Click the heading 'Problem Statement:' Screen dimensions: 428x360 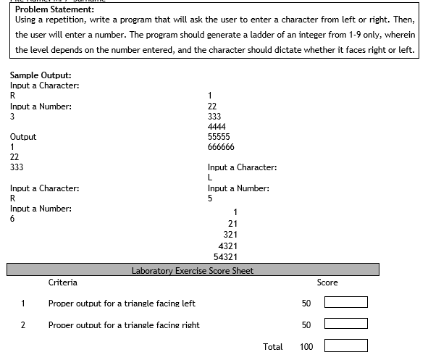coord(54,9)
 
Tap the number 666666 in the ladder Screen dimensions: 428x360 coord(221,146)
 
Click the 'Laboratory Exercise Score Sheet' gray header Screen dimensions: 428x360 coord(193,271)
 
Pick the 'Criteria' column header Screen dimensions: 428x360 coord(63,282)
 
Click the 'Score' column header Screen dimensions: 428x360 coord(327,282)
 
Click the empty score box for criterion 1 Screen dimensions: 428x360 coord(346,303)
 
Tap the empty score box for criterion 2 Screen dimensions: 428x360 coord(346,324)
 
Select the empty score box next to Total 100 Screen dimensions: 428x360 coord(346,346)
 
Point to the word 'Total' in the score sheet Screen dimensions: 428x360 coord(273,347)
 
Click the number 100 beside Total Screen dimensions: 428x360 coord(306,347)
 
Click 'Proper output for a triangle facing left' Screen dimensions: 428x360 coord(122,304)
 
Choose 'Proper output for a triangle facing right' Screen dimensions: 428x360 coord(124,325)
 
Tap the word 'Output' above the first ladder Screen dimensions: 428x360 coord(23,137)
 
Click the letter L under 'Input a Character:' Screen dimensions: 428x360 coord(210,178)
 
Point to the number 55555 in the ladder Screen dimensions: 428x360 coord(219,136)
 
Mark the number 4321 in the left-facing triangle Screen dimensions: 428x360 coord(228,246)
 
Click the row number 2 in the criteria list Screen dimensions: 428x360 coord(23,325)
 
